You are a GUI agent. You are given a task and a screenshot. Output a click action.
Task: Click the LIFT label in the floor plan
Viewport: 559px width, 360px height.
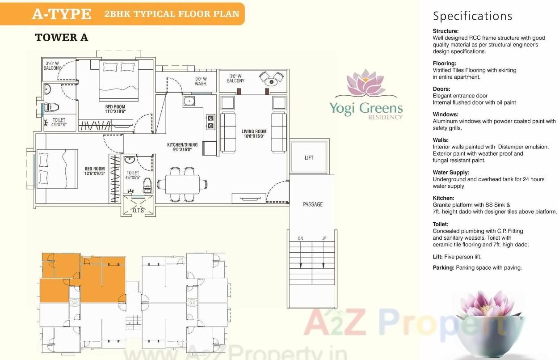pos(309,157)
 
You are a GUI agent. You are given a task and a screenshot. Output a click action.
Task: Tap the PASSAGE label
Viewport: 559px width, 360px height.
pos(312,204)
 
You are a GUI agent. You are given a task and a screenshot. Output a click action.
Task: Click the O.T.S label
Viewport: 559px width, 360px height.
pos(138,210)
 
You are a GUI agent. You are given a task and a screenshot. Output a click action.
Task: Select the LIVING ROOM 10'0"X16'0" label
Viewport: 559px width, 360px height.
pos(254,134)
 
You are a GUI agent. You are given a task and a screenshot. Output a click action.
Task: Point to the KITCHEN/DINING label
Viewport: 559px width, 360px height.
pos(182,147)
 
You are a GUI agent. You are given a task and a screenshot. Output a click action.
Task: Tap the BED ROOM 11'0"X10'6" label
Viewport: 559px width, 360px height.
pos(115,109)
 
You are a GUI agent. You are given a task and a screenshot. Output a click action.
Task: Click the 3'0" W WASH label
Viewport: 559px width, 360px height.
pos(201,81)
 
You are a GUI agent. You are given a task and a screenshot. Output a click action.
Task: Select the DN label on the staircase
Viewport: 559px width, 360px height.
pos(300,238)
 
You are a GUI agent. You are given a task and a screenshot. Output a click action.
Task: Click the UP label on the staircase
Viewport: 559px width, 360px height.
pos(324,238)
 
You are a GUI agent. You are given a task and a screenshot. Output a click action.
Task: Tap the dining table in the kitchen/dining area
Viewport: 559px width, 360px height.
pos(182,184)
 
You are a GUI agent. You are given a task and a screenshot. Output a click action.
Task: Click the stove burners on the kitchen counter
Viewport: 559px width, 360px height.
pos(210,122)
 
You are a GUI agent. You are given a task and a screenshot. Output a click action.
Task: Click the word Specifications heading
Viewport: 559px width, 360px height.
pos(472,16)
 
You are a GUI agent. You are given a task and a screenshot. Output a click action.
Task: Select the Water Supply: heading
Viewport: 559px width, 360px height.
pos(450,172)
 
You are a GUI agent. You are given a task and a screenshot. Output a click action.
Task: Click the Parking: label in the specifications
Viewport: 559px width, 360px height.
pos(443,268)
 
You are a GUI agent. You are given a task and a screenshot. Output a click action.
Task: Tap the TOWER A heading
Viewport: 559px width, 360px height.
pos(61,38)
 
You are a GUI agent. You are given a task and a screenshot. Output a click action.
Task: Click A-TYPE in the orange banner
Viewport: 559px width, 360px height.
pos(61,14)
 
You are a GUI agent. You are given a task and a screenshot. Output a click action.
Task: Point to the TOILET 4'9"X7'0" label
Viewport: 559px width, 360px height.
pos(59,123)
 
